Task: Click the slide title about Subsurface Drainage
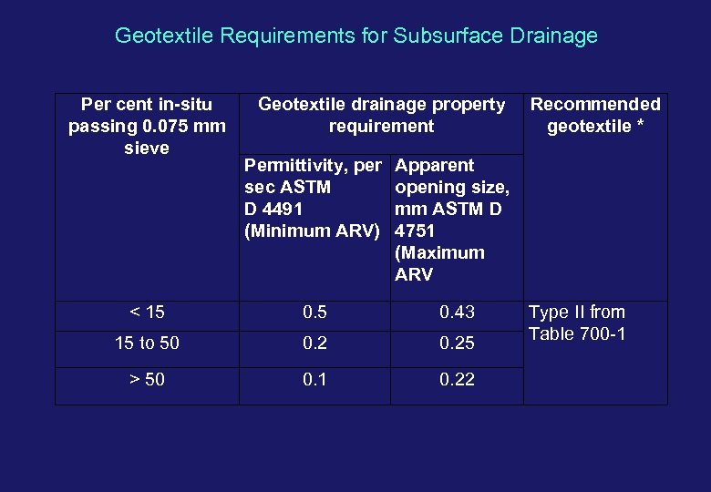355,36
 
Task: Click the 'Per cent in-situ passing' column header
147,127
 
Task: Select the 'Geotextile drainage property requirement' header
381,116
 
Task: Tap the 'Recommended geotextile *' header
595,116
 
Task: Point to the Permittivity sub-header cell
313,198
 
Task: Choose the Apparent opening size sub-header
452,220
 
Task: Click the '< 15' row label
147,313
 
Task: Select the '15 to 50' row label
147,343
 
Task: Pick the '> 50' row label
147,380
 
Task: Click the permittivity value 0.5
315,313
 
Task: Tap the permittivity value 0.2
315,343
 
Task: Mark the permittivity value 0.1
315,380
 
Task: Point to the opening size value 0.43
457,313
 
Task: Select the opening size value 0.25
457,343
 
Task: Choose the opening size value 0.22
457,380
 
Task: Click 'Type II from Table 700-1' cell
577,323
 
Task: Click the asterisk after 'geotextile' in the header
640,127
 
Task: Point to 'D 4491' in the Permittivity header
273,209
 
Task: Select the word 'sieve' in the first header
147,148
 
